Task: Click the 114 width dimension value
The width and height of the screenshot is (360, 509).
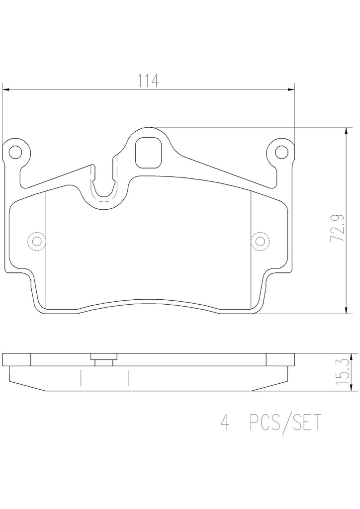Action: coord(149,81)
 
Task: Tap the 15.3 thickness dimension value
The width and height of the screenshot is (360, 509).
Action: coord(343,372)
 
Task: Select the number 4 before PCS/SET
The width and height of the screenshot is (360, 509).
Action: coord(224,423)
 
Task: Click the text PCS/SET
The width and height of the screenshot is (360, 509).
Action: coord(285,423)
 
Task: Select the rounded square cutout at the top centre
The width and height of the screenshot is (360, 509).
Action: coord(148,153)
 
